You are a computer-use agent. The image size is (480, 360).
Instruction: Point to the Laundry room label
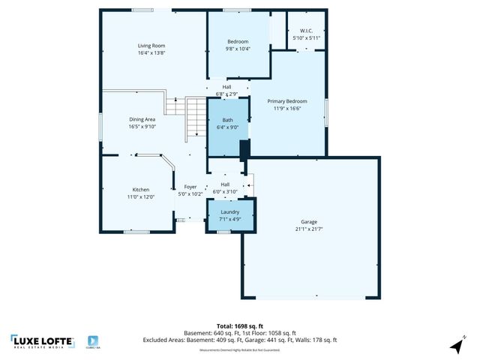click(x=229, y=212)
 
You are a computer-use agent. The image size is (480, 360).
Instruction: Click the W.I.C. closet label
click(x=306, y=31)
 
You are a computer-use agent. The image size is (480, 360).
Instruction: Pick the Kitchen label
click(x=141, y=190)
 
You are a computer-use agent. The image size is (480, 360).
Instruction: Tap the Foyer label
click(x=190, y=187)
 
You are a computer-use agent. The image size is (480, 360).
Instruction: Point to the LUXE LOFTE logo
click(x=43, y=342)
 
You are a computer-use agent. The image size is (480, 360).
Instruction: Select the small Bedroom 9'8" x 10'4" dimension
click(x=238, y=48)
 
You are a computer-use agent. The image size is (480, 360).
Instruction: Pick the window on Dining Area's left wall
click(x=102, y=122)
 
